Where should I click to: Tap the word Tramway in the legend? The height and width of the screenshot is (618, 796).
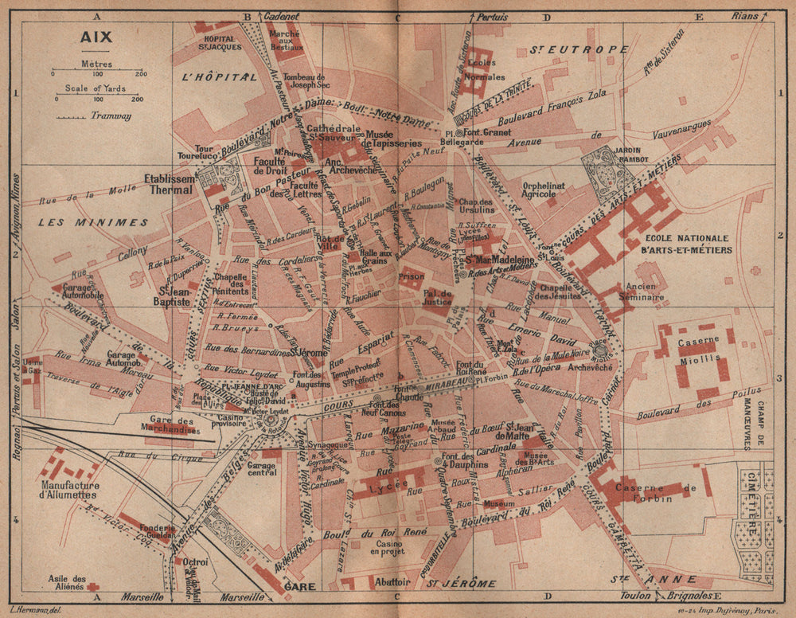coord(111,116)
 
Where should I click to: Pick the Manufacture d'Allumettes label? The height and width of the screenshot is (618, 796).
coord(72,491)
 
